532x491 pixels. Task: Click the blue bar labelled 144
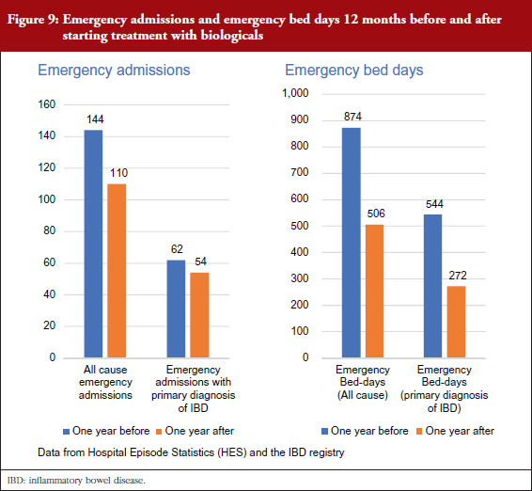(x=93, y=244)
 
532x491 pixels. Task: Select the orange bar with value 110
(x=117, y=271)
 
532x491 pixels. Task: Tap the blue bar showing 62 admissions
(x=176, y=309)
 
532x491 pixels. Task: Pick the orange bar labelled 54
(x=199, y=315)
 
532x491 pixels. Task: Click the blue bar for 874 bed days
(x=352, y=243)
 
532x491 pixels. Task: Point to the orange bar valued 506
(x=375, y=291)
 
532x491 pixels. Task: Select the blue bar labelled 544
(x=433, y=286)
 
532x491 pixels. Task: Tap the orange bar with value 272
(x=456, y=322)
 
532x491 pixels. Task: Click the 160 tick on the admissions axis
(x=46, y=104)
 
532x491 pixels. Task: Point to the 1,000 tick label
(x=295, y=93)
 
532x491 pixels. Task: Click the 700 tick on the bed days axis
(x=300, y=172)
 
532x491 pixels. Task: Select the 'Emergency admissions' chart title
(x=114, y=71)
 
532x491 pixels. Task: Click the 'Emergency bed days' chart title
(x=354, y=71)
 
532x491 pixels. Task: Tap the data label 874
(x=352, y=117)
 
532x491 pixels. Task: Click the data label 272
(x=458, y=276)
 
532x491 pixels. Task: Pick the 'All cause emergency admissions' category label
(x=105, y=382)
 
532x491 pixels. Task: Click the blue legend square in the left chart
(x=67, y=432)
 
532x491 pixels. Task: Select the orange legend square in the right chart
(x=419, y=432)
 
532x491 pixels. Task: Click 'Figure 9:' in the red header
(x=33, y=20)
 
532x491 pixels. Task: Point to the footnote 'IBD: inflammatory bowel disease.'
(x=76, y=481)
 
